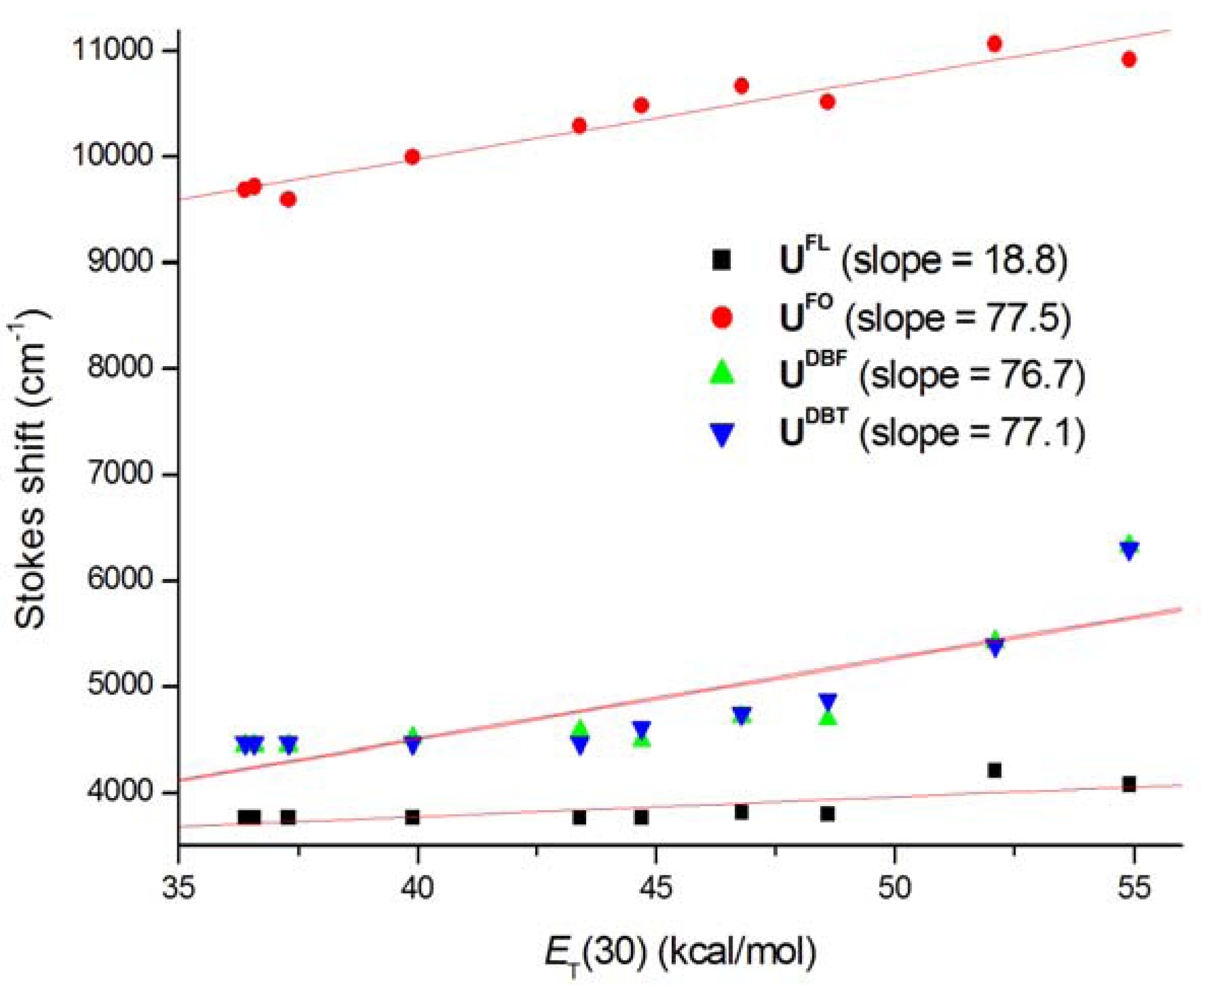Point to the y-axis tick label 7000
click(x=120, y=474)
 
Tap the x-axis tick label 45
click(x=656, y=888)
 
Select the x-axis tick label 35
click(x=179, y=888)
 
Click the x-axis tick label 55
click(x=1134, y=888)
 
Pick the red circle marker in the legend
click(x=722, y=317)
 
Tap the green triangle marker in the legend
click(x=722, y=373)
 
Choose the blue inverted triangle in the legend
click(x=722, y=434)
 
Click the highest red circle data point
click(x=994, y=44)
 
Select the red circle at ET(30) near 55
click(x=1128, y=59)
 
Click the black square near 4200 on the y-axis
click(x=994, y=770)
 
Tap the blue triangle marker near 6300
click(x=1129, y=551)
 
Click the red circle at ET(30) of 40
click(x=412, y=157)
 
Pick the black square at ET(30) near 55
click(x=1128, y=784)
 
